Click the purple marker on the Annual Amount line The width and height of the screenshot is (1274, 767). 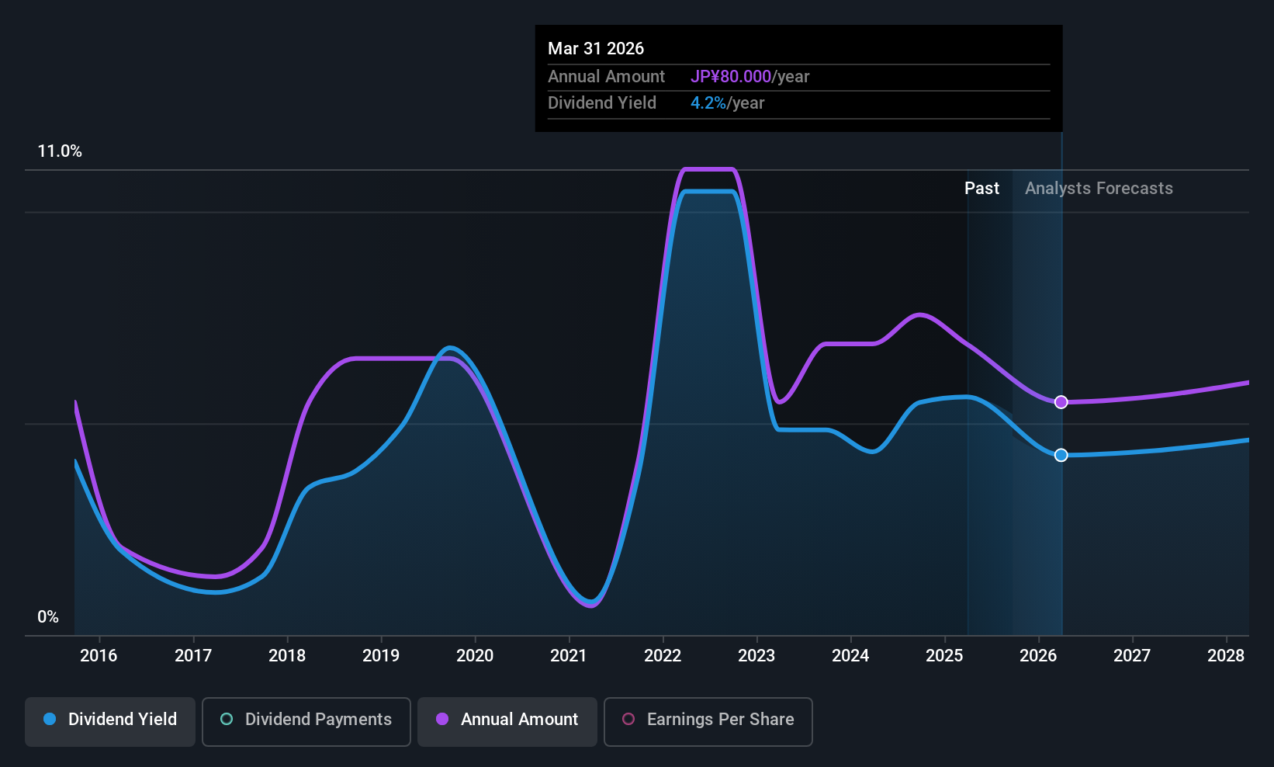click(x=1061, y=402)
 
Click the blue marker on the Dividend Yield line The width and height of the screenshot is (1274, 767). click(x=1061, y=455)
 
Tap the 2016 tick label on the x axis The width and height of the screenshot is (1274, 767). click(x=99, y=656)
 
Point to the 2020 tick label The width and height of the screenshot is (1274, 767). click(x=475, y=656)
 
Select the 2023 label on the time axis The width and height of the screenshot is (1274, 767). click(x=756, y=656)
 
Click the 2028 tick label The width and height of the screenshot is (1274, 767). click(x=1226, y=656)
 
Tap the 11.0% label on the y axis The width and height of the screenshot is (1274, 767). click(x=60, y=151)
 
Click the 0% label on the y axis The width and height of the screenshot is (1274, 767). click(x=48, y=617)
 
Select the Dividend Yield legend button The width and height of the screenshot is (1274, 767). click(x=110, y=720)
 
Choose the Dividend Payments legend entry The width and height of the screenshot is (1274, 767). click(x=306, y=720)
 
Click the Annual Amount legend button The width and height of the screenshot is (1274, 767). click(x=507, y=720)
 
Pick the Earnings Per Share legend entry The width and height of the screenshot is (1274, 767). click(x=708, y=720)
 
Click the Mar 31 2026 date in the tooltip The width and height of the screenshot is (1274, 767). click(x=596, y=49)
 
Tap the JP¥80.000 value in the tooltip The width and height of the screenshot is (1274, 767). click(x=730, y=77)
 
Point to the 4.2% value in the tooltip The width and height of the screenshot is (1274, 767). click(x=708, y=103)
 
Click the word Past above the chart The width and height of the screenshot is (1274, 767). click(x=981, y=189)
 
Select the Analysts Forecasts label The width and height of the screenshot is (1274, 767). click(x=1099, y=189)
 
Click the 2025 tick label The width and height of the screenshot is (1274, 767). click(x=944, y=656)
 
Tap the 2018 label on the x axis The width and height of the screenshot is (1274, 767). click(x=287, y=656)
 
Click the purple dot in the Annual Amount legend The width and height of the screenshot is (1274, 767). click(x=442, y=720)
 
